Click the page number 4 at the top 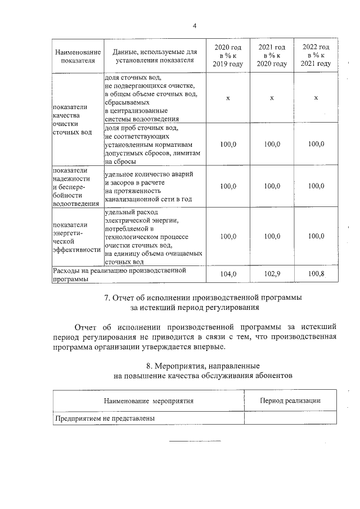click(194, 26)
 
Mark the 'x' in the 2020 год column click(228, 98)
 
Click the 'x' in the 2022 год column click(316, 98)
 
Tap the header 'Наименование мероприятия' click(148, 401)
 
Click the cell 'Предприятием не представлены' click(105, 418)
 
